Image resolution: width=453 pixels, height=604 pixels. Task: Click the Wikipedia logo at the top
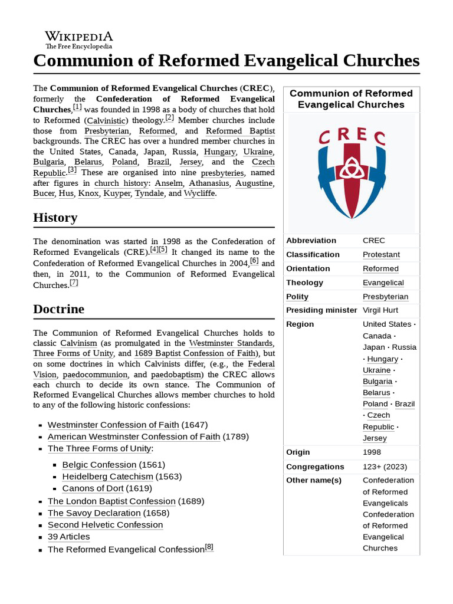click(78, 40)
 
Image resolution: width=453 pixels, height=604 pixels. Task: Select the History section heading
click(55, 218)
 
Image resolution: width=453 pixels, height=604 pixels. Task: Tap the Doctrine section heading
click(58, 309)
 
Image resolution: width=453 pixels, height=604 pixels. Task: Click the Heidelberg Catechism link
click(107, 476)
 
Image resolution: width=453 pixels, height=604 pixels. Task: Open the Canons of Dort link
click(99, 488)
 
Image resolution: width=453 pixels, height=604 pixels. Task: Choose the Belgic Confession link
click(100, 464)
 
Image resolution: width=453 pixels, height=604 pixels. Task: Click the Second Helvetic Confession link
click(105, 524)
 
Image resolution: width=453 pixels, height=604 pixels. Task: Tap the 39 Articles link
click(68, 537)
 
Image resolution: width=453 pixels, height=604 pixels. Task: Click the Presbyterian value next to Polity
click(385, 297)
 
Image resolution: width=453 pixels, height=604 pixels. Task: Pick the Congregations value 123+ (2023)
click(385, 467)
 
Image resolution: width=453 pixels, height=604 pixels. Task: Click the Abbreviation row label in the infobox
click(311, 241)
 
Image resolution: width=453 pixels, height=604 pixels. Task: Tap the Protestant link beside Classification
click(381, 255)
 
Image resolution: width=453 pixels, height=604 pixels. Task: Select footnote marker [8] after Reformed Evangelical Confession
click(209, 547)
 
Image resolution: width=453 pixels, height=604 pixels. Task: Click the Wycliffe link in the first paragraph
click(199, 193)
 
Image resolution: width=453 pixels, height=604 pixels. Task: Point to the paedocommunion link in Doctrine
click(96, 375)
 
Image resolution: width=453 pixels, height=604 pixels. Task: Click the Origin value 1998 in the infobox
click(372, 452)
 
